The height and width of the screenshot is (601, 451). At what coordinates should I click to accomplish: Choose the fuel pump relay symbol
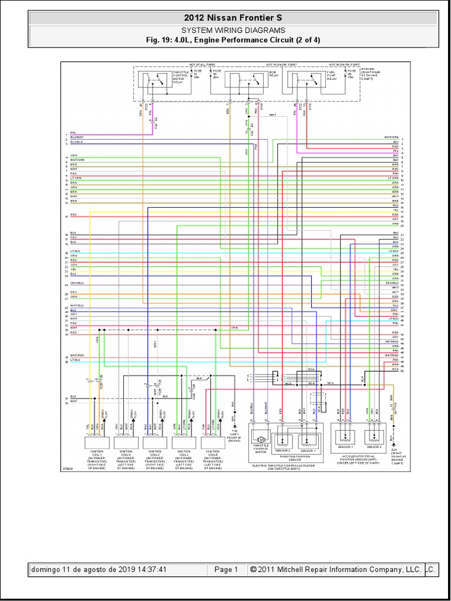305,80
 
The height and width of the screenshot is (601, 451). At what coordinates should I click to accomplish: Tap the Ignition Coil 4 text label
125,460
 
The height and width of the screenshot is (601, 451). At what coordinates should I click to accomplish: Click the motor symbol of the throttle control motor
261,440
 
